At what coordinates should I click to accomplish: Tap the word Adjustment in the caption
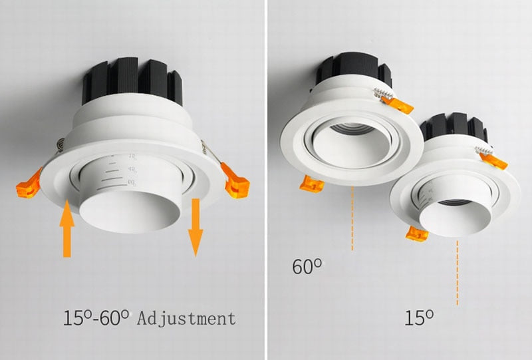186,318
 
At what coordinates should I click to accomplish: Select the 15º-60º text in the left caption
97,317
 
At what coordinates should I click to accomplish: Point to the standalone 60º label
307,267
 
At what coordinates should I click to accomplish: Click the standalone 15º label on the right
420,317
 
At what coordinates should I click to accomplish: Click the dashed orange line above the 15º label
458,273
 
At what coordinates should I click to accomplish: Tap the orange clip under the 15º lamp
418,233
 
